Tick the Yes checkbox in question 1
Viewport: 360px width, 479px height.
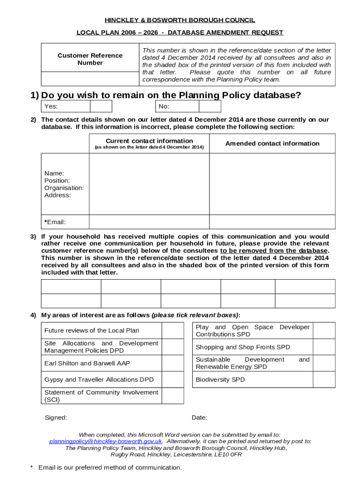click(101, 106)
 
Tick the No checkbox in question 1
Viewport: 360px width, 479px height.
click(209, 106)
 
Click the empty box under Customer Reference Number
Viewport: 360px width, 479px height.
click(88, 79)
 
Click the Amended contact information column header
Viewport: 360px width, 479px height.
click(272, 144)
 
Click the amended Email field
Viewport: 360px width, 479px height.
click(272, 222)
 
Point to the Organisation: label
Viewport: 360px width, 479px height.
click(64, 188)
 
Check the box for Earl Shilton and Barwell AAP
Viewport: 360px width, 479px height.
click(173, 363)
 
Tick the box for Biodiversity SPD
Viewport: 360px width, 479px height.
click(324, 379)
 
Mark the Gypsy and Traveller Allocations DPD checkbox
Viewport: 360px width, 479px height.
click(173, 379)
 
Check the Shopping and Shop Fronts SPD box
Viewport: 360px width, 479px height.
click(324, 347)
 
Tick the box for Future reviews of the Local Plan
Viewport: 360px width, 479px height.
click(173, 330)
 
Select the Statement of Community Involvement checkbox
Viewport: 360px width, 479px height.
click(173, 396)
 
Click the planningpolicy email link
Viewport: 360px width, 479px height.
click(106, 441)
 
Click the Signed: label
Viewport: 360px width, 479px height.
click(56, 418)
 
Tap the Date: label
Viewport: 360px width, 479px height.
click(199, 418)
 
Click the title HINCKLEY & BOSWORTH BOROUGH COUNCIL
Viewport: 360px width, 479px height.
click(180, 20)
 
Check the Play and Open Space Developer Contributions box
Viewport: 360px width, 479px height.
click(324, 330)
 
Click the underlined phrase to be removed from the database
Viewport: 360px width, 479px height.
click(274, 251)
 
